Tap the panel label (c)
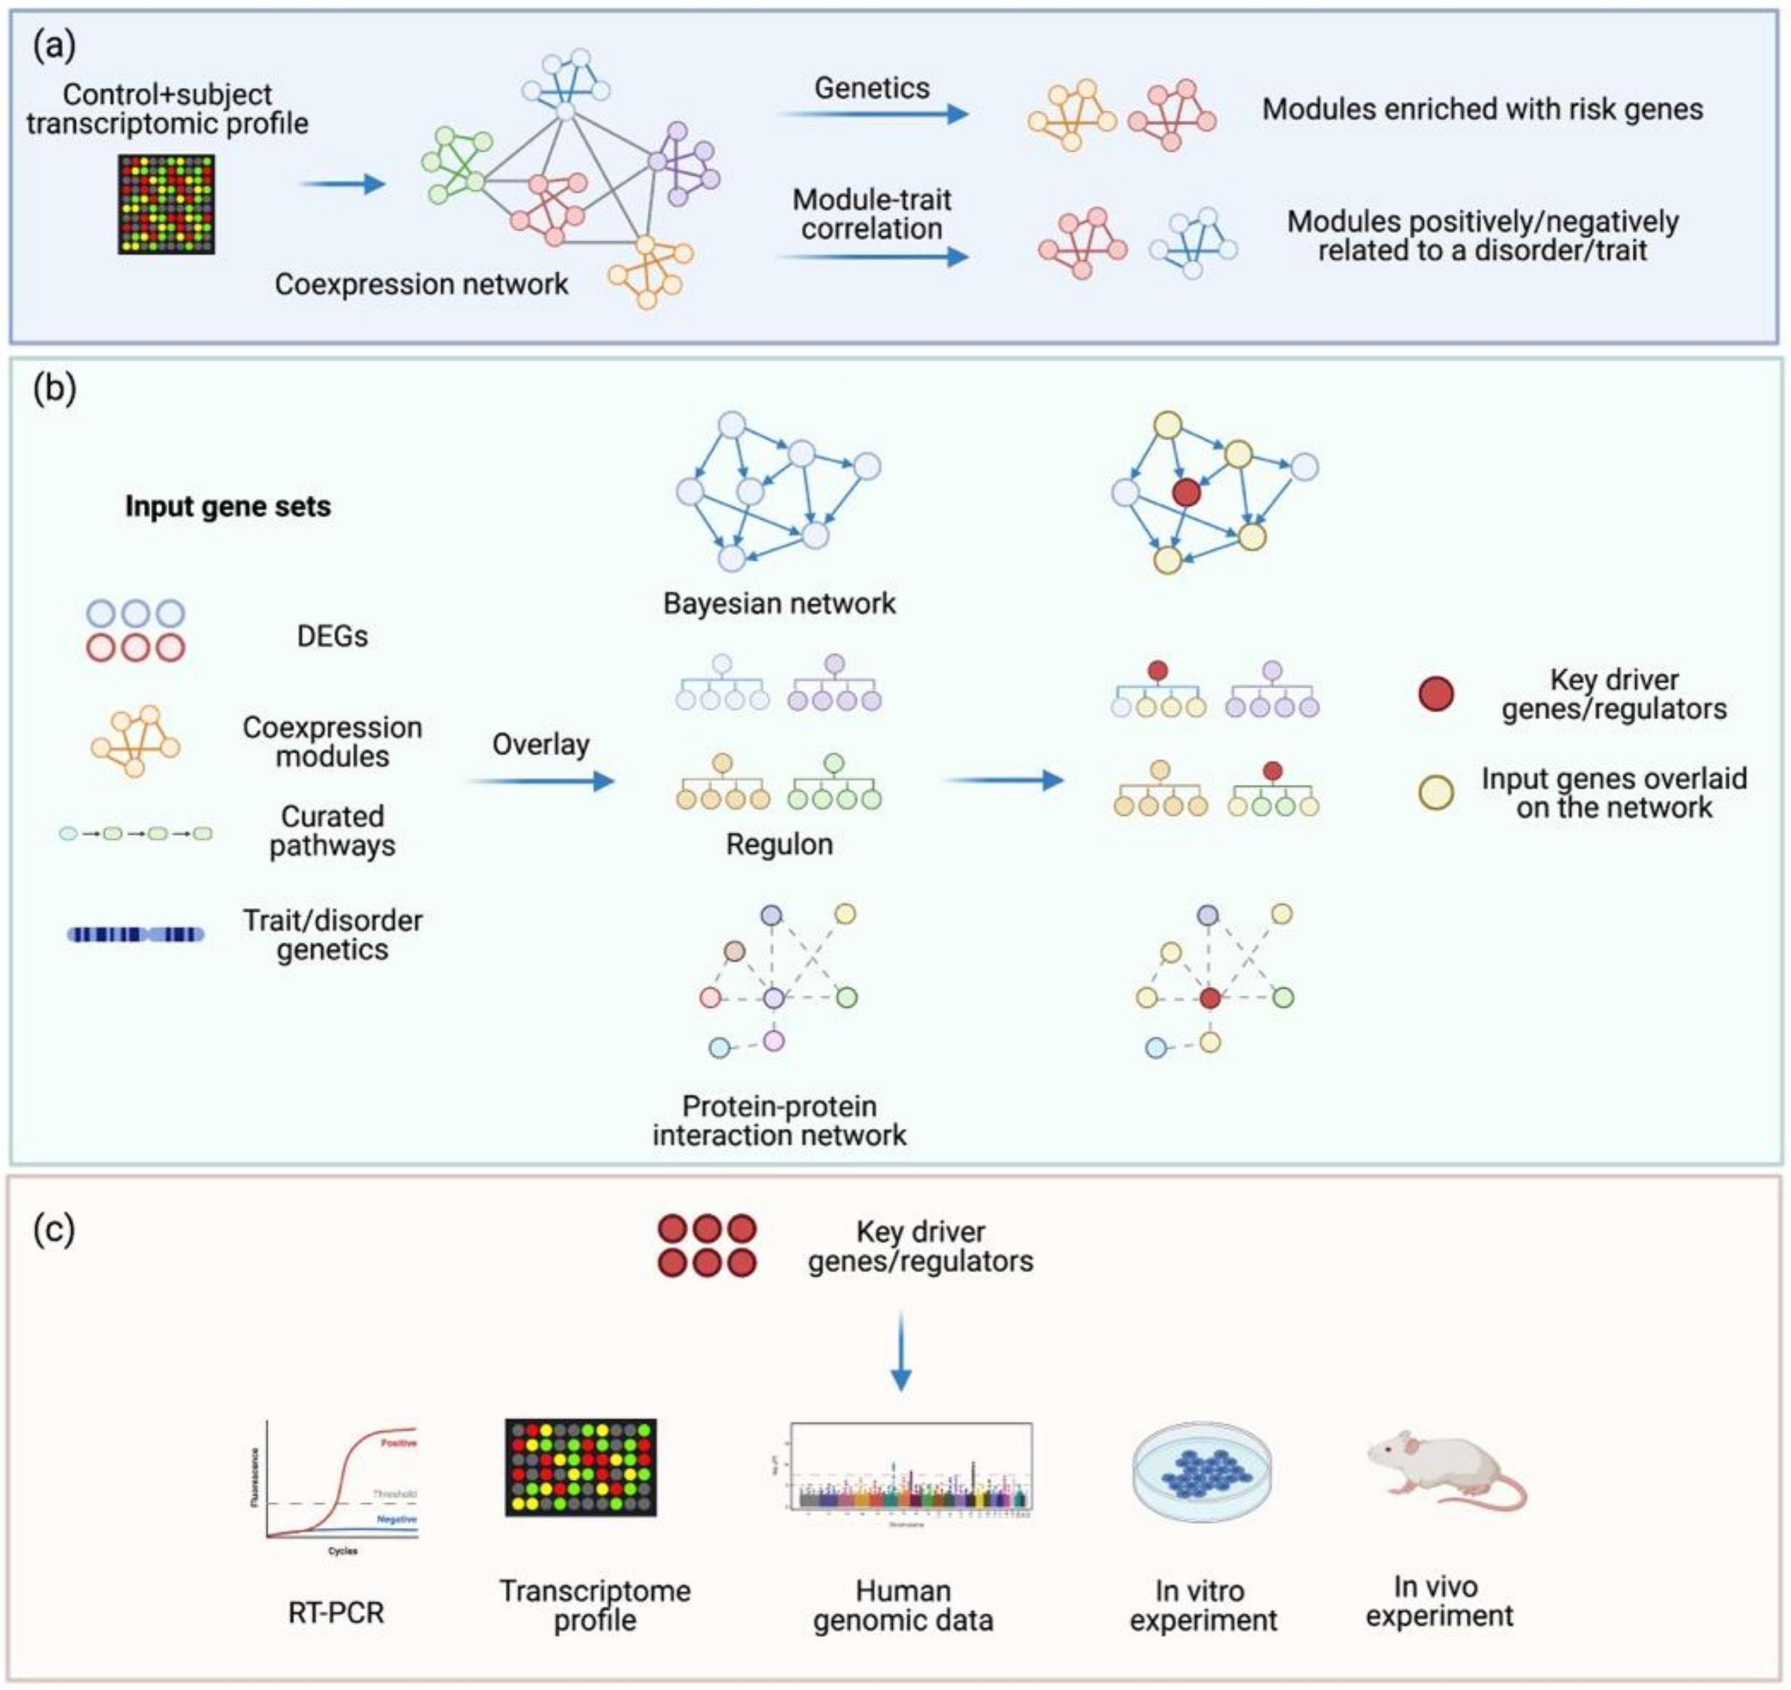click(54, 1230)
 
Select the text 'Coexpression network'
click(421, 285)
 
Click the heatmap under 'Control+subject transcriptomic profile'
click(166, 204)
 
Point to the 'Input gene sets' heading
click(228, 507)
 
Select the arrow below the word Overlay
click(540, 781)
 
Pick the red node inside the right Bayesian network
click(1186, 492)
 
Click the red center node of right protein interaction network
click(1210, 998)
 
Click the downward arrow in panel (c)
click(900, 1351)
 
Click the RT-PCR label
click(336, 1613)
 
